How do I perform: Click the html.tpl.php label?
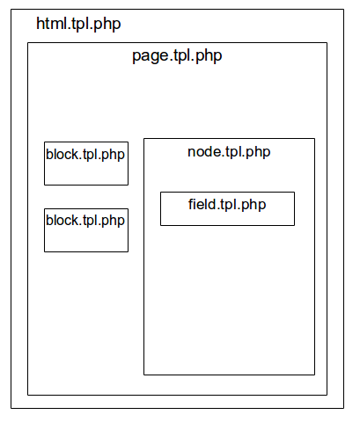[x=78, y=24]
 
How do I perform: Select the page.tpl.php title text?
[x=177, y=56]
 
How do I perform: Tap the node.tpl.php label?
[x=229, y=152]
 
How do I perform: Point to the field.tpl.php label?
[x=227, y=205]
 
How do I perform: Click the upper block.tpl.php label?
[x=85, y=155]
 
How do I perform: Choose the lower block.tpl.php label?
[x=85, y=221]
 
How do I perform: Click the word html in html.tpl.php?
[x=53, y=23]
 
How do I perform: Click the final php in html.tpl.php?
[x=107, y=25]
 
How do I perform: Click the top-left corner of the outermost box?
[x=11, y=10]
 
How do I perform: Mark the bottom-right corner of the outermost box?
[x=343, y=408]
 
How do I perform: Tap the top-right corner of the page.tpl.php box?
[x=327, y=43]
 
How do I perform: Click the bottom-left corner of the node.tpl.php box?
[x=143, y=375]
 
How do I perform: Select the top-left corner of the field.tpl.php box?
[x=160, y=193]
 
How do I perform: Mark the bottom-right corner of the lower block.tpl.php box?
[x=128, y=251]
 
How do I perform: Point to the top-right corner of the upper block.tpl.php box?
[x=128, y=142]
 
